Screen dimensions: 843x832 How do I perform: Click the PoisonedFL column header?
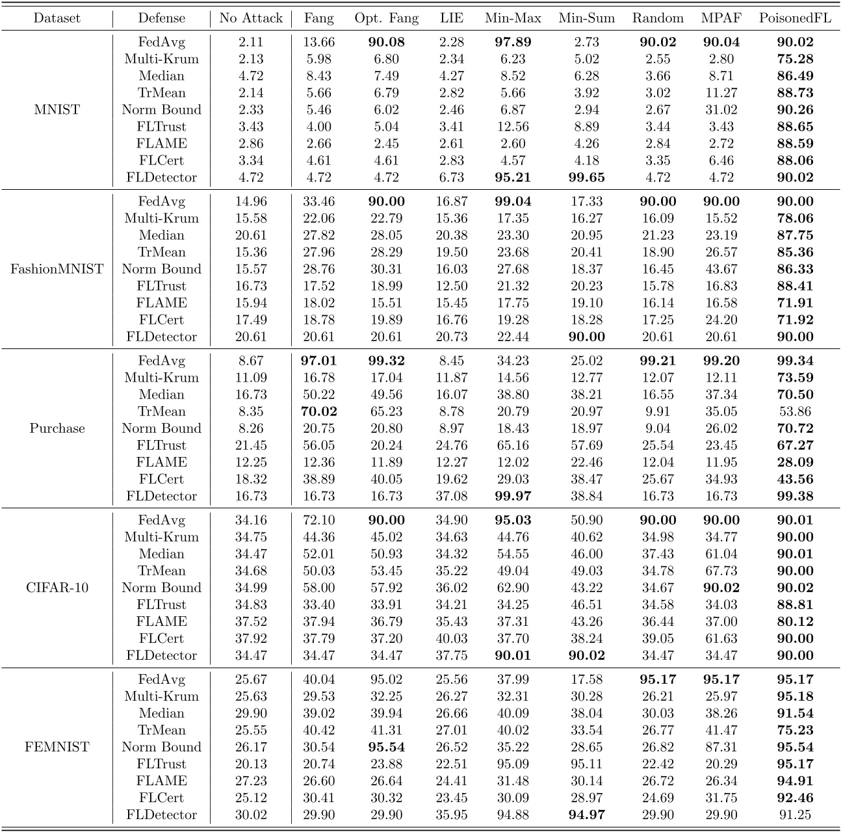[x=795, y=18]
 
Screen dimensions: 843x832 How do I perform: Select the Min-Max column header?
[x=513, y=18]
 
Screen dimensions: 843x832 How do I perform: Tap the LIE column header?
[x=452, y=18]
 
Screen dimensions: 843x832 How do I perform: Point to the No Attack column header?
[x=251, y=18]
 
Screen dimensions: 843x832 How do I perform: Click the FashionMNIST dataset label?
[x=57, y=269]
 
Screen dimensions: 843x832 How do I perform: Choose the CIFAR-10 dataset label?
[x=57, y=588]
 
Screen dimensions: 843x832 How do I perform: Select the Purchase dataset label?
[x=57, y=428]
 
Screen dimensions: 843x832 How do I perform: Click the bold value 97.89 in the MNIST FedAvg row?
[x=513, y=42]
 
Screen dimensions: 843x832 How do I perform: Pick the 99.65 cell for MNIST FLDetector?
[x=586, y=177]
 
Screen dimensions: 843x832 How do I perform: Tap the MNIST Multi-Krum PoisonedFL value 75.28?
[x=795, y=59]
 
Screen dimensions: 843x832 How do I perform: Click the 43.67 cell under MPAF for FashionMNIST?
[x=721, y=269]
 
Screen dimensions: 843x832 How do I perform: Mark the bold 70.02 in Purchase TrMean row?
[x=318, y=411]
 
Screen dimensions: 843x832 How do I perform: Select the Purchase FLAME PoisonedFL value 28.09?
[x=795, y=462]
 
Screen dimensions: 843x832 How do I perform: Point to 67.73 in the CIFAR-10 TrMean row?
[x=721, y=571]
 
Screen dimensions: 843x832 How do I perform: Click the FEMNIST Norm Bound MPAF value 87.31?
[x=721, y=747]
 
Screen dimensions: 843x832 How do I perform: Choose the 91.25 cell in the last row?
[x=795, y=814]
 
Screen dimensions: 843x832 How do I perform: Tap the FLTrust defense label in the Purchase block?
[x=161, y=445]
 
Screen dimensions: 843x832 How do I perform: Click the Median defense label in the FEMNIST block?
[x=161, y=713]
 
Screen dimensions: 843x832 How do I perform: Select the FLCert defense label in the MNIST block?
[x=161, y=161]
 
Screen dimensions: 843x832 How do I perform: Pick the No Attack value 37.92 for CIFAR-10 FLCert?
[x=251, y=638]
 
